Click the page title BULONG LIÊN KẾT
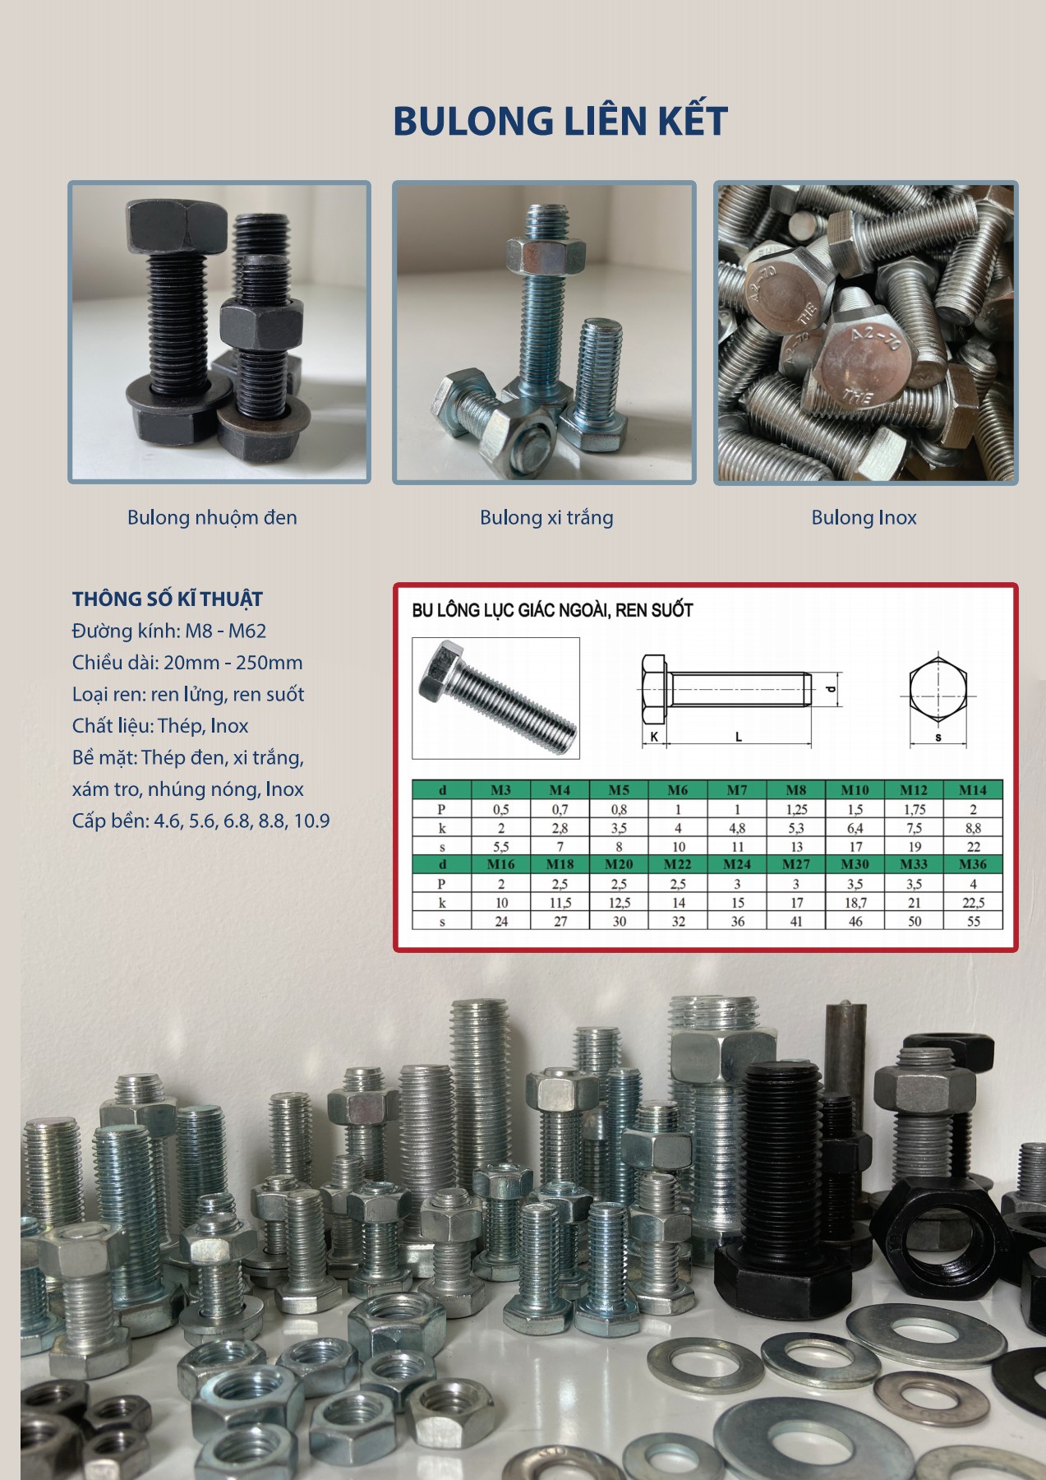560,120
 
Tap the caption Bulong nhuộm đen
212,518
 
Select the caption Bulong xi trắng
546,518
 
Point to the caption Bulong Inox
864,517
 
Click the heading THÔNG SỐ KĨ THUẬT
168,599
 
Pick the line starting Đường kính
169,631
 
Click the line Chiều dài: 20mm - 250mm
187,663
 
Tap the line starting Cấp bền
201,821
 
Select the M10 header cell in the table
855,790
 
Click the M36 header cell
973,864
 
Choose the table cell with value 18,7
855,902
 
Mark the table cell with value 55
973,921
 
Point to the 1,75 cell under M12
914,809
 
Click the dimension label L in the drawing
739,738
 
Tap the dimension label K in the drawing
654,738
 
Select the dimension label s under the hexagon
938,738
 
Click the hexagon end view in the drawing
938,692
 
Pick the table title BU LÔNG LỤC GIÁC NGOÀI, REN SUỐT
552,611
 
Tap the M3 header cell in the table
500,790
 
